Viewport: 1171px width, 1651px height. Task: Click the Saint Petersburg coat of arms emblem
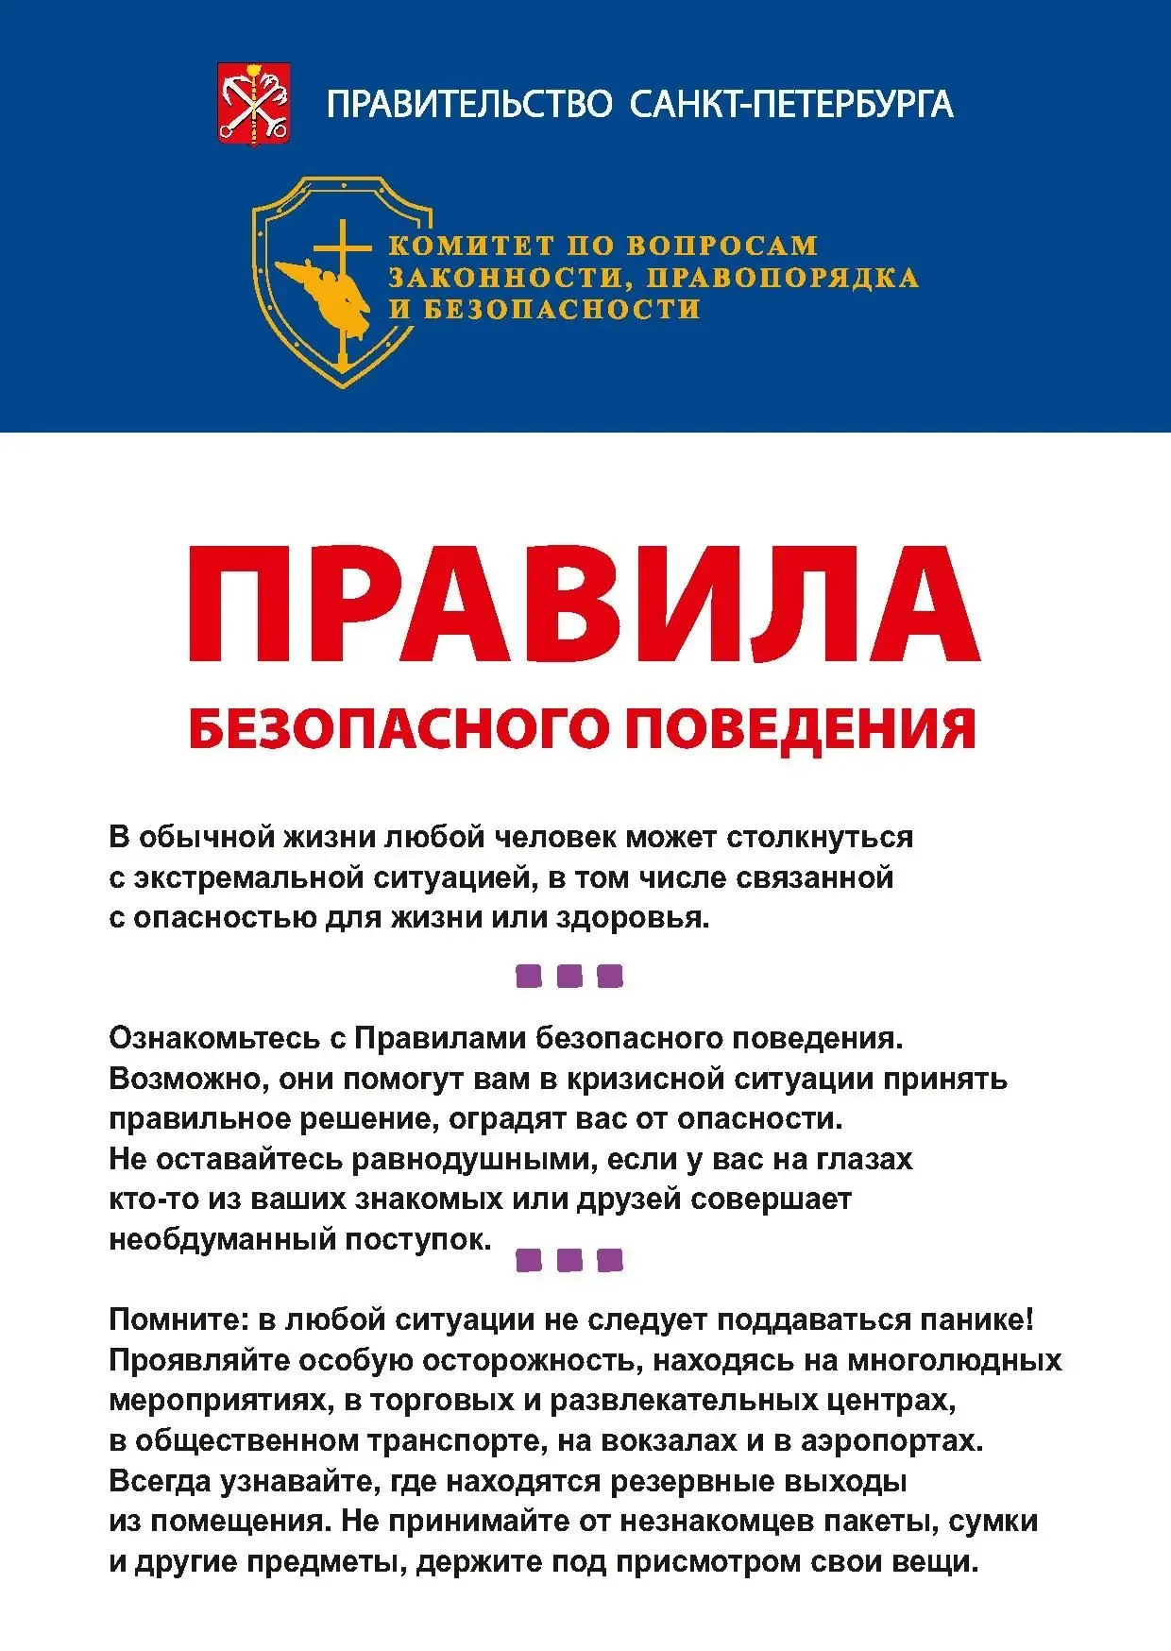tap(254, 103)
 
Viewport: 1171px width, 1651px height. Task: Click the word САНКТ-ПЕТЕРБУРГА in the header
tap(791, 103)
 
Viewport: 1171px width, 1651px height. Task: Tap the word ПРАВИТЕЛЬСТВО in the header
tap(470, 103)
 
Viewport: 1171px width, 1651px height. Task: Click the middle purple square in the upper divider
tap(569, 976)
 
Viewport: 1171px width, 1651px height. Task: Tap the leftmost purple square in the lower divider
tap(529, 1260)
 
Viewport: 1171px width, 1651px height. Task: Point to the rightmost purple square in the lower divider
tap(611, 1260)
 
